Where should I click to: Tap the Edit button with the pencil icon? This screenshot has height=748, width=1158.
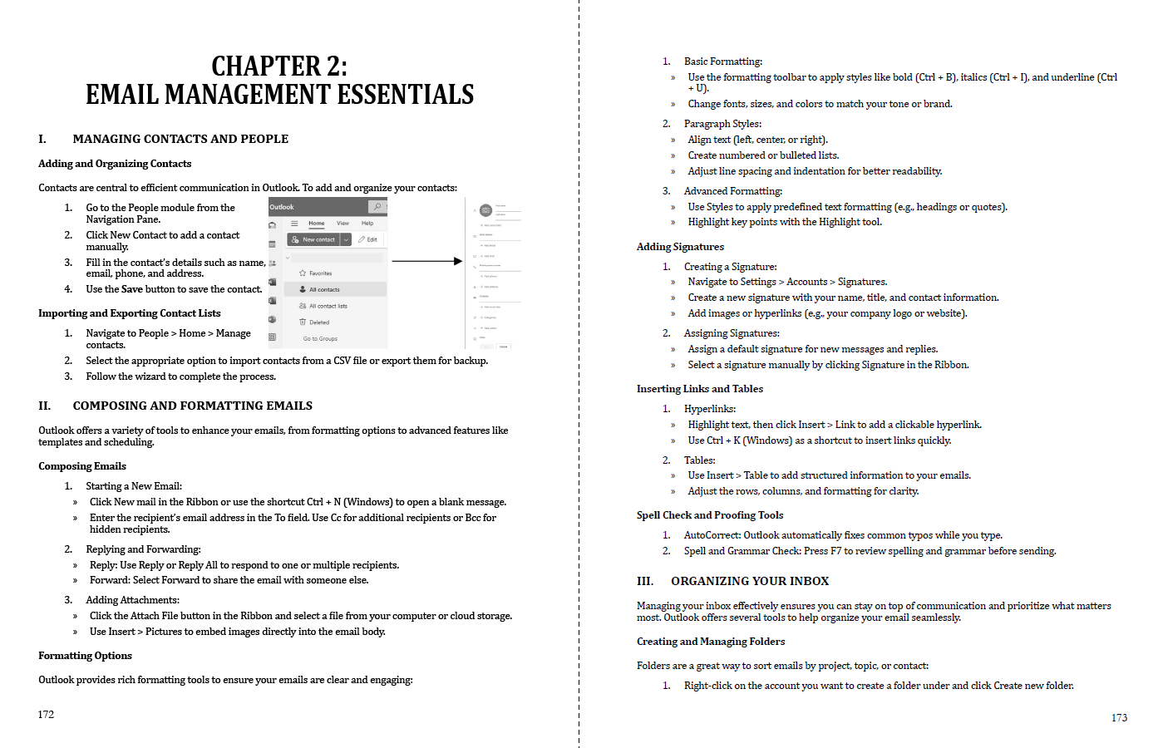tap(367, 239)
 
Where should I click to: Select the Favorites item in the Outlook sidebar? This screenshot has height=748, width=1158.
tap(320, 273)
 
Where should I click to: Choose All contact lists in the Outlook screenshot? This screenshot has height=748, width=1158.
tap(328, 306)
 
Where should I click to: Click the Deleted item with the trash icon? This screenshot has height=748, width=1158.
tap(318, 322)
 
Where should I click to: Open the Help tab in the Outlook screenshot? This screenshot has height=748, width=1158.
tap(367, 223)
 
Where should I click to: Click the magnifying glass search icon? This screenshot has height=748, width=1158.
tap(377, 207)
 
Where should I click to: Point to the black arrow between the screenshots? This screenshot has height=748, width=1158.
tap(426, 261)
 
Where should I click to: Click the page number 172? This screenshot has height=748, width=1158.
tap(46, 714)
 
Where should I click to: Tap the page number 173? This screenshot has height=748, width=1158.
tap(1119, 717)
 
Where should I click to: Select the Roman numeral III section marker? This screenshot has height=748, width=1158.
tap(645, 581)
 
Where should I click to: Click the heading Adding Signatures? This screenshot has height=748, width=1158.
tap(680, 247)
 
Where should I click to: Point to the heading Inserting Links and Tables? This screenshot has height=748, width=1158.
tap(699, 389)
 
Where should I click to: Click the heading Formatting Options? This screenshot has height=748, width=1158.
tap(85, 656)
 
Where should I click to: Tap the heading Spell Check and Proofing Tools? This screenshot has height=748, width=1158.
tap(709, 515)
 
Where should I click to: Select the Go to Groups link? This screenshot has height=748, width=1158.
tap(320, 338)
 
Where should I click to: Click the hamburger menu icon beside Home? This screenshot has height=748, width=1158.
tap(294, 224)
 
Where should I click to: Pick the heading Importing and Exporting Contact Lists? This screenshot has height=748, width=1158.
tap(129, 313)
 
